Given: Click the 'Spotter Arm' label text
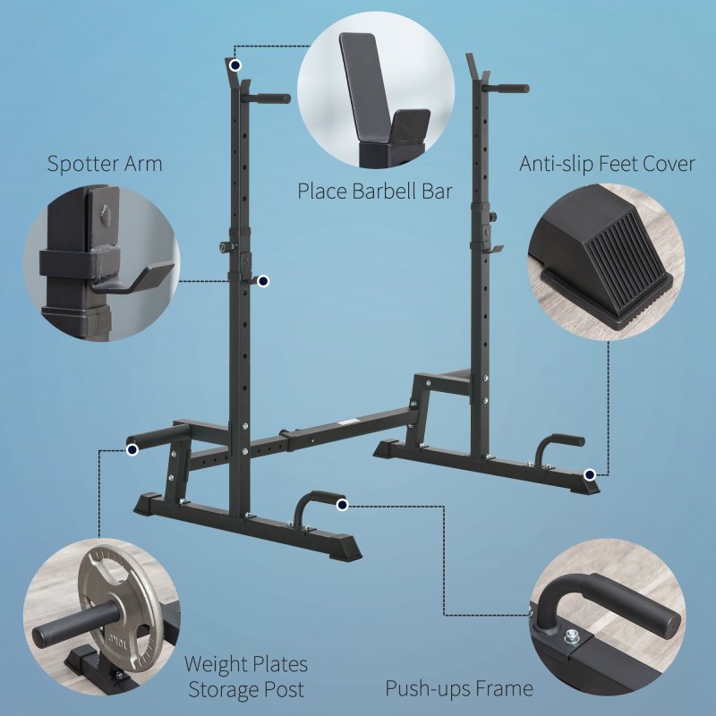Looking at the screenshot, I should [105, 164].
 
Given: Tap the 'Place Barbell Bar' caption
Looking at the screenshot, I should [375, 191].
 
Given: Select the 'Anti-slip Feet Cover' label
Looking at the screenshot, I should [607, 164].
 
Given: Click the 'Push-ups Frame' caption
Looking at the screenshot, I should [459, 688].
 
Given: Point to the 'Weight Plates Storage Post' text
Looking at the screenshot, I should [245, 677].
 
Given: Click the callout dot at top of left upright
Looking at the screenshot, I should [234, 65].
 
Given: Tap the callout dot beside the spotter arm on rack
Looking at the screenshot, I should [263, 282].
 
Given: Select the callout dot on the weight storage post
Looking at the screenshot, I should [132, 450].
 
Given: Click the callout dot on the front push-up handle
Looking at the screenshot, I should [342, 506].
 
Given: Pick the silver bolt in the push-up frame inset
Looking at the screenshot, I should [570, 636].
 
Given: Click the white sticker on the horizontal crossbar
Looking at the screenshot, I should [345, 422].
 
